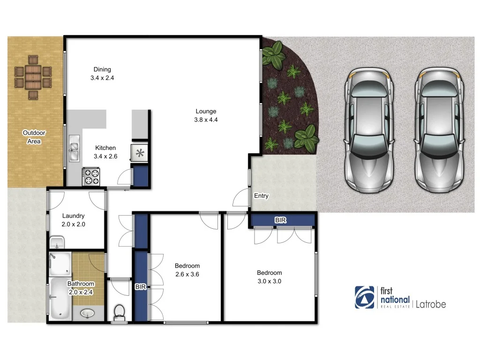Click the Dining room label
[102, 69]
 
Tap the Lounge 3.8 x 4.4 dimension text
[206, 120]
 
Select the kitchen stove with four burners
[91, 177]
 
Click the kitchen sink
[74, 149]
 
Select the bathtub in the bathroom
[60, 299]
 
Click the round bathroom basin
[87, 313]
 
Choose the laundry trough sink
[57, 243]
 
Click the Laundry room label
[73, 216]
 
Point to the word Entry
[261, 196]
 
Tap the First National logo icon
[365, 297]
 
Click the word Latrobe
[431, 304]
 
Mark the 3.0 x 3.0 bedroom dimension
[269, 281]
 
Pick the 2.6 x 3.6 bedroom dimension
[187, 274]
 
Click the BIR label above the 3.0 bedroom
[280, 220]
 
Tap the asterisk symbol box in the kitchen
[139, 152]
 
